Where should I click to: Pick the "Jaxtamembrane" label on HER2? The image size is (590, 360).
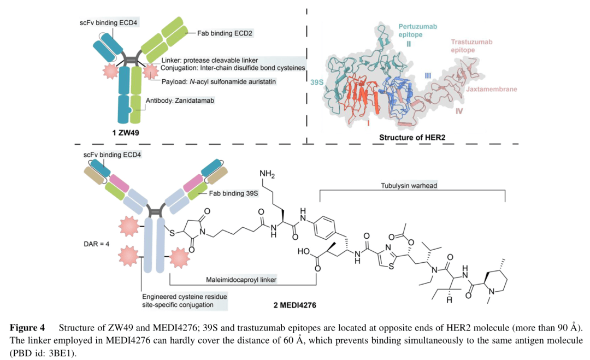[491, 89]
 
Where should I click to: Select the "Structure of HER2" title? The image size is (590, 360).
[412, 138]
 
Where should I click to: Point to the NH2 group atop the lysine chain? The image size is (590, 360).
[268, 174]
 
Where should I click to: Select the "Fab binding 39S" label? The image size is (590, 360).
[232, 194]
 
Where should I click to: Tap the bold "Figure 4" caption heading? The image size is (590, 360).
[27, 328]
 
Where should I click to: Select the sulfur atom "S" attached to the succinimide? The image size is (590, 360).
[173, 233]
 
